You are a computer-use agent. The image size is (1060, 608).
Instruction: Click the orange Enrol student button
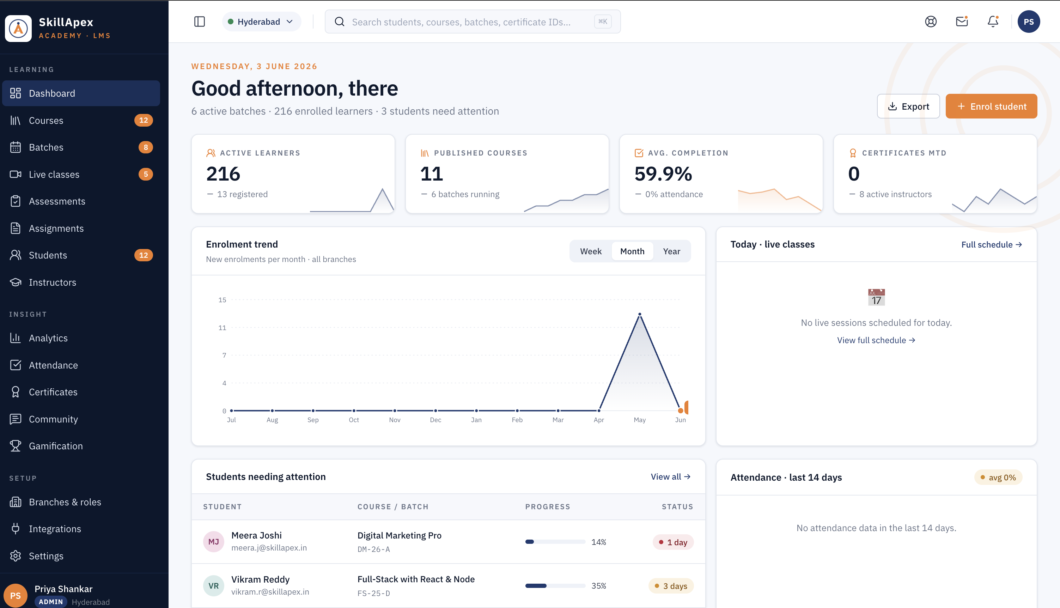[991, 106]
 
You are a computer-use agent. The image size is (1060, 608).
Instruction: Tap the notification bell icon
[993, 22]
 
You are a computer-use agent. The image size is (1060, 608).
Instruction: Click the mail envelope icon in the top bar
[962, 22]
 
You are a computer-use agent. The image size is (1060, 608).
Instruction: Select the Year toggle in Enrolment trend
[671, 251]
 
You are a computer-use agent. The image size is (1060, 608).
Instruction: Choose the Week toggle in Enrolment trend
[591, 251]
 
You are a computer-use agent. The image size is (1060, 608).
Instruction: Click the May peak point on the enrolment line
[640, 314]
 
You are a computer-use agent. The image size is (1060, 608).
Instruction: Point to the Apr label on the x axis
[599, 420]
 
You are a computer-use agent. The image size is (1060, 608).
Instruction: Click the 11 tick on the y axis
[222, 328]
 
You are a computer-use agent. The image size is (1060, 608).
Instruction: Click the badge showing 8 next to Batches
[146, 147]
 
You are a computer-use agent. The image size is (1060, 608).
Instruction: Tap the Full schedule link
[992, 245]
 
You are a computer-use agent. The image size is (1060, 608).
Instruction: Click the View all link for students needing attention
[670, 477]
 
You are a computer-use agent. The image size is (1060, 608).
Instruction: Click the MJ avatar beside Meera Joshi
[213, 542]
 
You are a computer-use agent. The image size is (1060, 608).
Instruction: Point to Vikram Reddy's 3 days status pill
[671, 586]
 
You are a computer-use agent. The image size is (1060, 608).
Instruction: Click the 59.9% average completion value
[663, 174]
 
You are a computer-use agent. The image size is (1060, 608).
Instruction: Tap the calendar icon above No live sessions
[876, 297]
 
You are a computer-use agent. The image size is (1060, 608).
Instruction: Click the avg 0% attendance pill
[998, 477]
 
